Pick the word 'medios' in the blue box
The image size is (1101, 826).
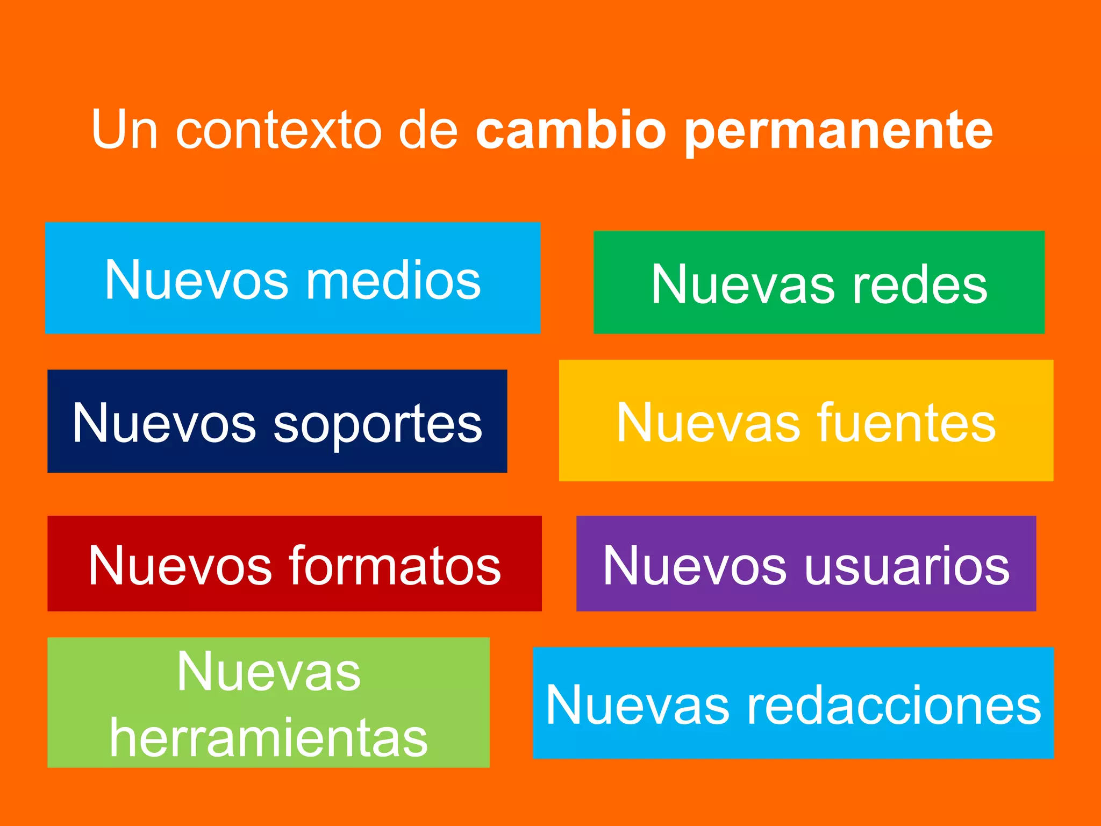[393, 280]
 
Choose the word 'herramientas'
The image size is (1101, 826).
[269, 738]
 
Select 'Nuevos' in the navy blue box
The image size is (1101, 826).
[165, 423]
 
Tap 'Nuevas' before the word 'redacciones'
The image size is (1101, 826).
[638, 705]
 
